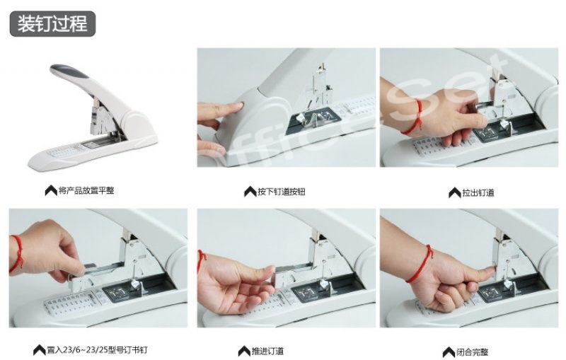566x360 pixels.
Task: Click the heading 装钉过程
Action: pos(52,24)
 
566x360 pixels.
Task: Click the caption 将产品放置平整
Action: pos(86,190)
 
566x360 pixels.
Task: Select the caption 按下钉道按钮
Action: pos(281,192)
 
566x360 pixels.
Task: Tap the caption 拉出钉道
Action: pos(478,192)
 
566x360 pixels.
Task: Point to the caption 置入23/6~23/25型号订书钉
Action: pos(97,349)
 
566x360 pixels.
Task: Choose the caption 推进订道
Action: pos(268,351)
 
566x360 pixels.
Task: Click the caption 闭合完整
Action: pos(472,352)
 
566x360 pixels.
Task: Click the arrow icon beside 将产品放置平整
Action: pos(51,190)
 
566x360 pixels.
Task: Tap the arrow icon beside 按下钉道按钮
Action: pos(250,192)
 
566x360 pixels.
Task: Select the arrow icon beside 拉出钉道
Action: pos(455,192)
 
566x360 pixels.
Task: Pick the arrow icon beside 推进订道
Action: pos(244,351)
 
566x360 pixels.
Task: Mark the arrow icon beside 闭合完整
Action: pos(449,352)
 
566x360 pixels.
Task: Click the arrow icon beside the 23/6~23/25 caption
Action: pos(40,350)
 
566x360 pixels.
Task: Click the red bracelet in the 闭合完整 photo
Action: pos(420,263)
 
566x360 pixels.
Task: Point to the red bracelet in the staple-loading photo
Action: pos(17,255)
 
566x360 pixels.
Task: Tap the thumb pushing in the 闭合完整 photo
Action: pos(484,272)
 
